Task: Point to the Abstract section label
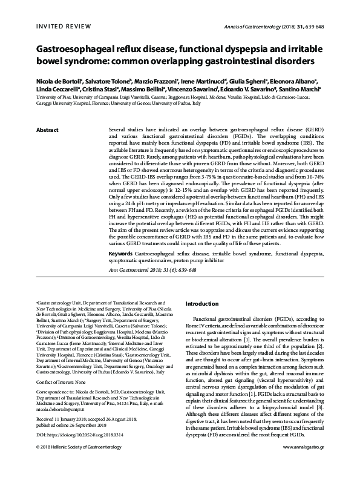(x=48, y=130)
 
